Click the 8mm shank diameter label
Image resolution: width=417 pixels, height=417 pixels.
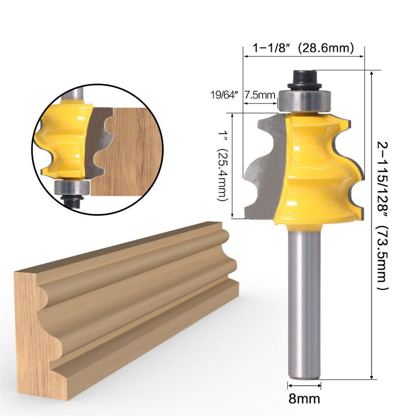click(x=304, y=399)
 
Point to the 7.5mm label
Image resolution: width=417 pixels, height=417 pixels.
click(x=260, y=95)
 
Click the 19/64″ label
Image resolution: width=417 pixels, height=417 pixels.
click(x=225, y=95)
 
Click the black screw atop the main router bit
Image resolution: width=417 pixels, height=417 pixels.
click(x=304, y=79)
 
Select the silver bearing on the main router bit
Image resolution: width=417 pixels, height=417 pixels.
click(x=304, y=100)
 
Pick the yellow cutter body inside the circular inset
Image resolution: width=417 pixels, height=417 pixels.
click(x=62, y=140)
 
